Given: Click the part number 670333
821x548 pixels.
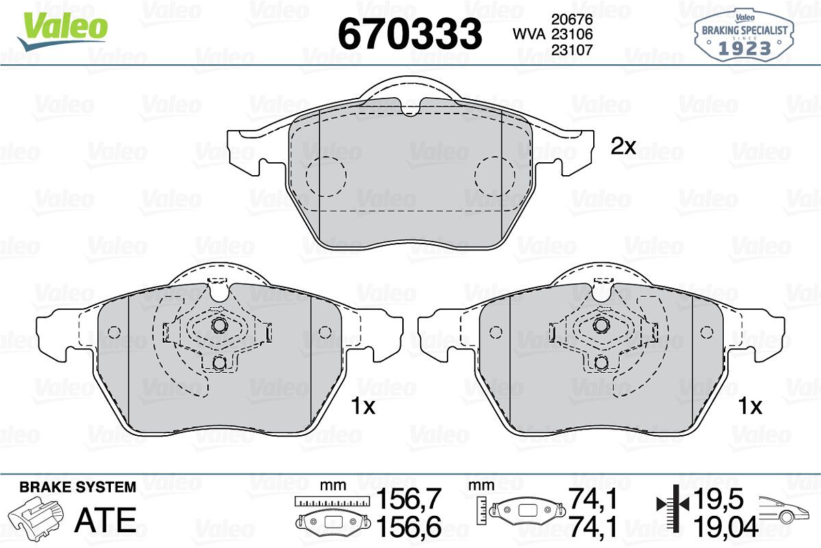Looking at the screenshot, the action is [410, 34].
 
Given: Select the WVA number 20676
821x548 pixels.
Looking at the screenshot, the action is [572, 18].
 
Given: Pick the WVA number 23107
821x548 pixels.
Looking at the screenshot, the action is [572, 50].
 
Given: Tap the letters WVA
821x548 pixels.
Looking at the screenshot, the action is [529, 34].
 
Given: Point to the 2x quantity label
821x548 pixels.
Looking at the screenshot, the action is [623, 146].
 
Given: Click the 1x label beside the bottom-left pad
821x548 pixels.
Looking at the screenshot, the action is [363, 406].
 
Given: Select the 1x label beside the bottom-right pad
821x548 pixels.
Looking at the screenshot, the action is [751, 406].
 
